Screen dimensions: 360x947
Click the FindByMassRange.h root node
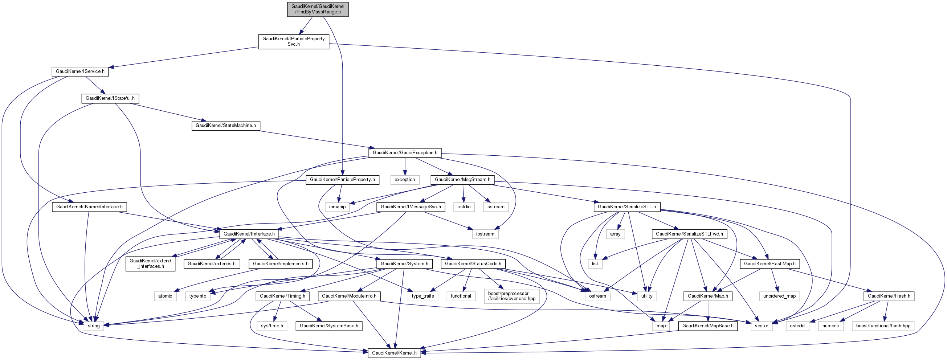tap(318, 9)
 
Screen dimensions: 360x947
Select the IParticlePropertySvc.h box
tap(293, 42)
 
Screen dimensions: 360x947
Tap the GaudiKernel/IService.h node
tap(80, 71)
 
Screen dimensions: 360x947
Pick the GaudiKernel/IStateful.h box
tap(110, 99)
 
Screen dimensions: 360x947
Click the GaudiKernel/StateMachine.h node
tap(225, 126)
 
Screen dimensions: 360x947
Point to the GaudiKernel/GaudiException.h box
tap(405, 153)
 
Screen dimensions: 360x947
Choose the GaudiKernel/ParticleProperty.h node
tap(342, 180)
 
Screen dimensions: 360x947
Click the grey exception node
tap(404, 180)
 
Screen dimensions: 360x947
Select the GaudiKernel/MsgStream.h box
tap(462, 180)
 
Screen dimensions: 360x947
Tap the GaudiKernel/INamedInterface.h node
tap(89, 207)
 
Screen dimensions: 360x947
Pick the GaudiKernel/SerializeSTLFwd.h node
tap(689, 234)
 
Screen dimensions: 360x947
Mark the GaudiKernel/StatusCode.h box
tap(473, 264)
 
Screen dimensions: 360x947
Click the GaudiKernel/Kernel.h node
tap(394, 353)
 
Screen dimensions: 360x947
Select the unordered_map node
tap(779, 296)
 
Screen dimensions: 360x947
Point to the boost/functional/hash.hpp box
tap(883, 326)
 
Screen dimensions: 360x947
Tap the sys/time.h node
tap(272, 326)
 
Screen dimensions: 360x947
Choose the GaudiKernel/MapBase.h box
tap(708, 326)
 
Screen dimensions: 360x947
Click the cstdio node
tap(464, 207)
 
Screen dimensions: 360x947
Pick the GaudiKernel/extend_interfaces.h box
tap(150, 264)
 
